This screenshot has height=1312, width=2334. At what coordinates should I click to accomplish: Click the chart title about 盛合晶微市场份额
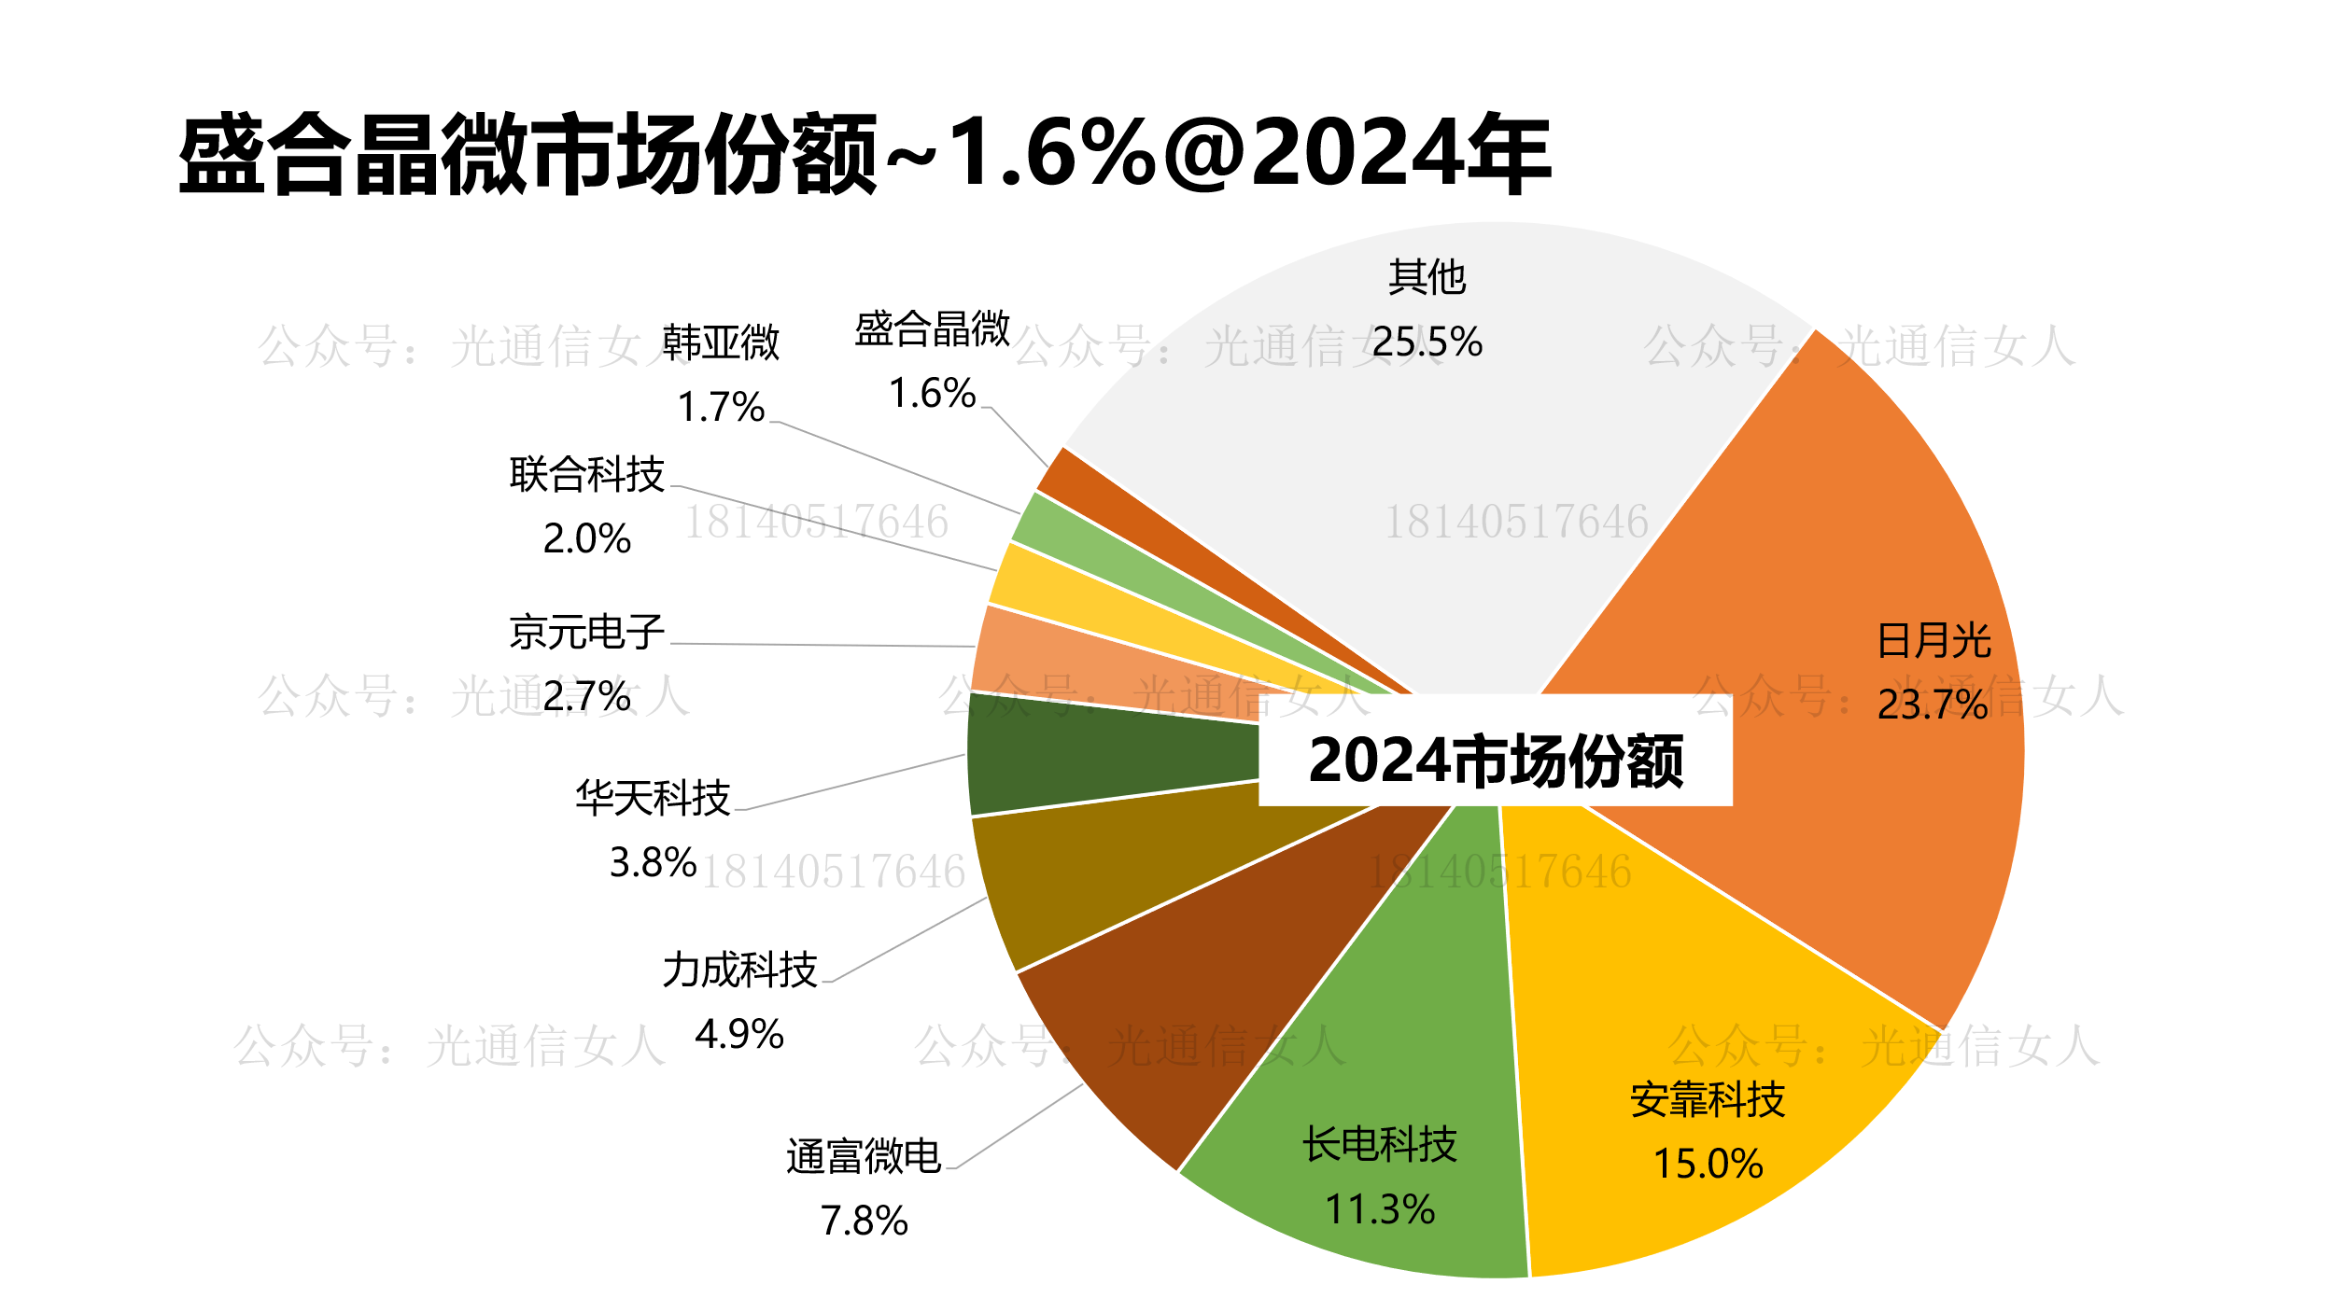click(x=865, y=154)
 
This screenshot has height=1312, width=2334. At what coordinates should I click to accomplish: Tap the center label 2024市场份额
click(x=1496, y=761)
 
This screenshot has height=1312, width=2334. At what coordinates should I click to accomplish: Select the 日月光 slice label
click(x=1933, y=641)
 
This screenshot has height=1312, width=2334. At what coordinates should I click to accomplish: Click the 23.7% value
click(x=1933, y=705)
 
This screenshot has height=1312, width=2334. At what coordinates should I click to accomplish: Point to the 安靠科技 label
click(x=1708, y=1100)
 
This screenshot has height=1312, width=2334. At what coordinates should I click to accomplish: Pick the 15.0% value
click(x=1708, y=1164)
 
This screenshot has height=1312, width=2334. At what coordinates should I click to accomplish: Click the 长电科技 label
click(x=1380, y=1145)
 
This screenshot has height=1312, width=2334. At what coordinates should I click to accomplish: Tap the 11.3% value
click(x=1380, y=1209)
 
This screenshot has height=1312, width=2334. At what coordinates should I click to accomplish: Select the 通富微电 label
click(x=864, y=1157)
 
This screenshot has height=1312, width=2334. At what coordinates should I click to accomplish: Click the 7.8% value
click(x=864, y=1221)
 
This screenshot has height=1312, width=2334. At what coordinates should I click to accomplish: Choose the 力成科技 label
click(x=739, y=970)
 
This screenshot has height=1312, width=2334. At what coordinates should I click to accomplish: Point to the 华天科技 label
click(x=653, y=799)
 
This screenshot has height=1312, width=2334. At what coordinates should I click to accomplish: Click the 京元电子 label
click(x=586, y=633)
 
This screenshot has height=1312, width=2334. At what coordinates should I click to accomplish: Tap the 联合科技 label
click(x=586, y=475)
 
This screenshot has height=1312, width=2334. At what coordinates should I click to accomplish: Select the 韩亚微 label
click(x=721, y=342)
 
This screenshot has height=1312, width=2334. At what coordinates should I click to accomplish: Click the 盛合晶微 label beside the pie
click(x=932, y=328)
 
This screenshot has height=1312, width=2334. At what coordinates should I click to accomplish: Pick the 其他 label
click(x=1427, y=278)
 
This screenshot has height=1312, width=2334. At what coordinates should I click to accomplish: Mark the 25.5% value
click(x=1427, y=342)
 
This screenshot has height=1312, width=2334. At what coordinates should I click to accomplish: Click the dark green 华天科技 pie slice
click(x=1102, y=754)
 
